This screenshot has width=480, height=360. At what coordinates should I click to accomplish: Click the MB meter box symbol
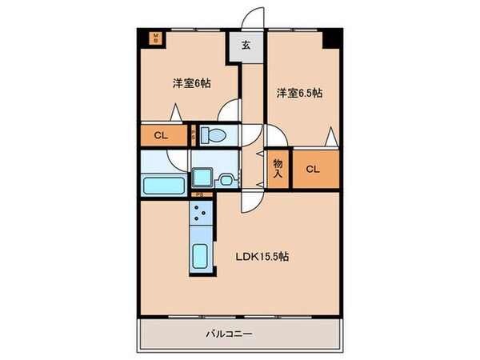(x=157, y=37)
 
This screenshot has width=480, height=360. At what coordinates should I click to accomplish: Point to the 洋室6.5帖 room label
(x=300, y=94)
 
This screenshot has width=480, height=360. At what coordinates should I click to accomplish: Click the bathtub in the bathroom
(x=164, y=186)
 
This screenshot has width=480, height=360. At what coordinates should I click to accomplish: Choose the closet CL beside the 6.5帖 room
(x=314, y=170)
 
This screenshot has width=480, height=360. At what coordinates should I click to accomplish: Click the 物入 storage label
(x=278, y=167)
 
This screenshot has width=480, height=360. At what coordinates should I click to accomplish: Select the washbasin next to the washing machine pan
(x=227, y=178)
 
